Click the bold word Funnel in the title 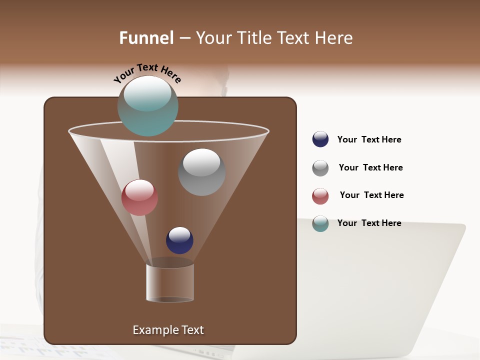(146, 38)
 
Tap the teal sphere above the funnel (147, 106)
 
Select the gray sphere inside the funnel (201, 172)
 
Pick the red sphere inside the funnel (139, 197)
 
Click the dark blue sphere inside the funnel (179, 240)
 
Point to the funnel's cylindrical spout (170, 282)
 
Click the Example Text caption (168, 330)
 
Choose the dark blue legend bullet (320, 139)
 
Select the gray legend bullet (320, 168)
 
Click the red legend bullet (320, 196)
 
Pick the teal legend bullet (320, 223)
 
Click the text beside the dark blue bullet (369, 139)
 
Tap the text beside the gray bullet (370, 167)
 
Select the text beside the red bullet (371, 195)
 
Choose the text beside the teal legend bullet (369, 223)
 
